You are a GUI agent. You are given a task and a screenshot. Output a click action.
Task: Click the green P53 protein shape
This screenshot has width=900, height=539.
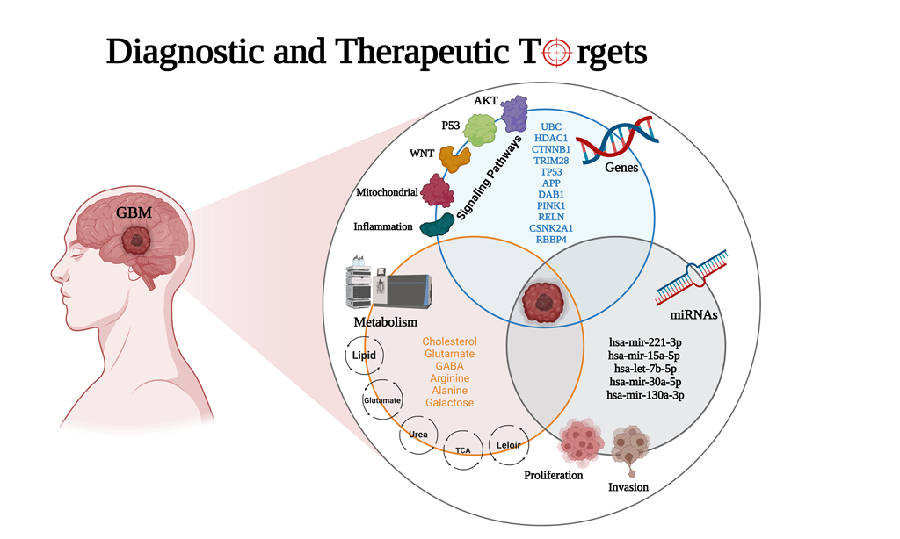[481, 130]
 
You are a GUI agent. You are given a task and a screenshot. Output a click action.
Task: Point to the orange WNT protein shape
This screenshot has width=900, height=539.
[455, 159]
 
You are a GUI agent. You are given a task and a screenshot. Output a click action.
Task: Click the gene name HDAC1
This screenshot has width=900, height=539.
[551, 138]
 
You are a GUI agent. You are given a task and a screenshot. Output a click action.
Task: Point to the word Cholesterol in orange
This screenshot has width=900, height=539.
[449, 341]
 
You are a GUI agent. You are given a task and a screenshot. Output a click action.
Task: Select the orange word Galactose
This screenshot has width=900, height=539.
[449, 402]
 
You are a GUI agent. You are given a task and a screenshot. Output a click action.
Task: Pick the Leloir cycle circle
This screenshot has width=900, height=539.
[509, 444]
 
